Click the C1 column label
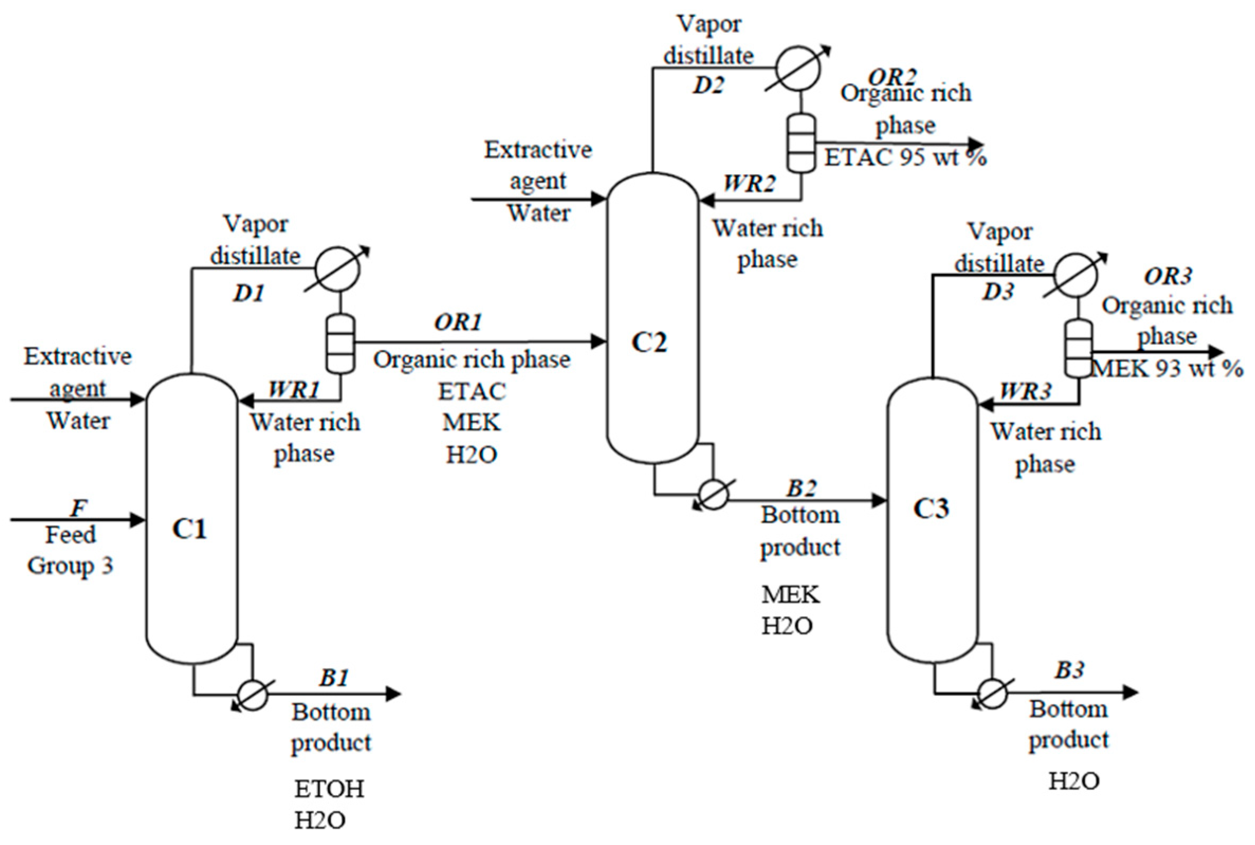[x=189, y=529]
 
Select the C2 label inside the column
[x=649, y=342]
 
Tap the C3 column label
[x=931, y=508]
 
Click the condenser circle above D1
[x=337, y=269]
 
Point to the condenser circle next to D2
[x=797, y=69]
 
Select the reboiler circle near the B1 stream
[x=253, y=695]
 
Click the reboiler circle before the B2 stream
[x=713, y=494]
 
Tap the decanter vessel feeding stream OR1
[x=340, y=343]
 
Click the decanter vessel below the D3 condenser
[x=1079, y=348]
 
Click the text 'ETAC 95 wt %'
[x=905, y=158]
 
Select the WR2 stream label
[x=749, y=185]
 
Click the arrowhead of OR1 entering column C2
[x=599, y=341]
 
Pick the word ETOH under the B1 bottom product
[x=329, y=789]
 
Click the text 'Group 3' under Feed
[x=70, y=566]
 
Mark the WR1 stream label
[x=294, y=389]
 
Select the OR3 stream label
[x=1168, y=277]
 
